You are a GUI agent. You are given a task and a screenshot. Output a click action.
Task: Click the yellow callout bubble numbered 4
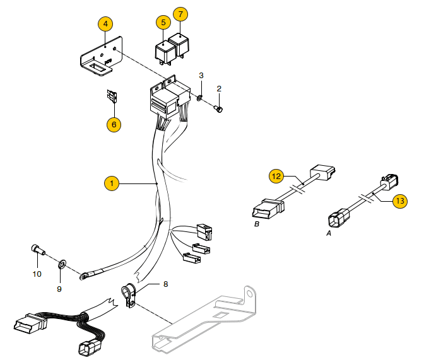[105, 24]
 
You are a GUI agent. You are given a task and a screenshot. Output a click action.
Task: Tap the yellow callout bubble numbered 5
[163, 22]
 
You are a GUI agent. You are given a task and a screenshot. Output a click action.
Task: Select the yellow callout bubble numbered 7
[180, 13]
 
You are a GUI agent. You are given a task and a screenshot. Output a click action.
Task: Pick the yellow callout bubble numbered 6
[114, 124]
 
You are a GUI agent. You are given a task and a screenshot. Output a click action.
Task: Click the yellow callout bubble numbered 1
[111, 183]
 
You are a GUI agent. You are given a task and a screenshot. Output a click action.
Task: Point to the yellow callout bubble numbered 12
[276, 176]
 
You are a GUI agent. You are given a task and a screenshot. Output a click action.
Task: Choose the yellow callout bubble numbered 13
[399, 201]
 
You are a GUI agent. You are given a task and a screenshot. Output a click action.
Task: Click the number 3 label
[201, 76]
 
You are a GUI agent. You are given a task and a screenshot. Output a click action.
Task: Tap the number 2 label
[220, 88]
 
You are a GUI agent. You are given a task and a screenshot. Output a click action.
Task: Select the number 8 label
[166, 284]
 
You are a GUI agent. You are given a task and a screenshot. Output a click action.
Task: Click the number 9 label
[59, 289]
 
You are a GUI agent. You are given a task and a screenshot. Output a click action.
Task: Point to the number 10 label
[37, 274]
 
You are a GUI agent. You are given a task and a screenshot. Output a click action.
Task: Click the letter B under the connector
[257, 224]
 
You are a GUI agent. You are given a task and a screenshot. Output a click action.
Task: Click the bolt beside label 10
[38, 250]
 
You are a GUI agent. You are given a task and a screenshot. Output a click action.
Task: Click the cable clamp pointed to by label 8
[129, 294]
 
